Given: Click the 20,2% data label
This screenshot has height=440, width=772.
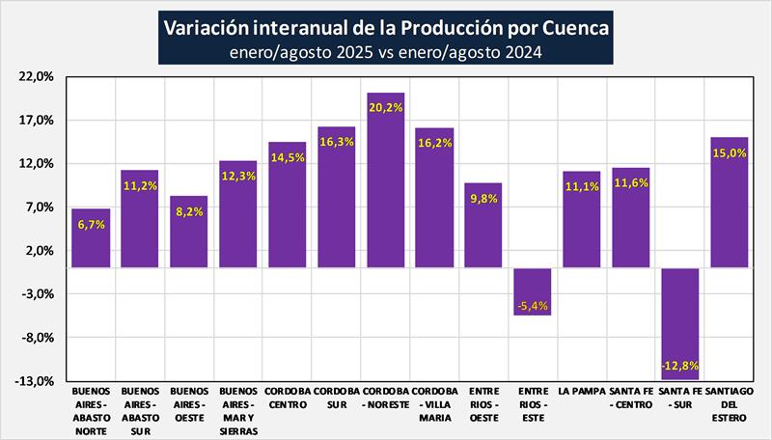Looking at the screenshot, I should tap(385, 108).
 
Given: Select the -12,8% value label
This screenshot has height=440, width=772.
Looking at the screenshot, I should tap(680, 366).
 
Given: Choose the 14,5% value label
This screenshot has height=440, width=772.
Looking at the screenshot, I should tap(287, 157).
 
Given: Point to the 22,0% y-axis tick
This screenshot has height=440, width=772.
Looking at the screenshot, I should tap(38, 77).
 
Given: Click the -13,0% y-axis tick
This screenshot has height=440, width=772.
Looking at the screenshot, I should tap(37, 381).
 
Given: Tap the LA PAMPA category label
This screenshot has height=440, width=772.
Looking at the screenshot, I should tap(582, 392).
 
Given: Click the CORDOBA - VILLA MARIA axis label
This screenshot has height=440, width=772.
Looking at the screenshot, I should tap(434, 405).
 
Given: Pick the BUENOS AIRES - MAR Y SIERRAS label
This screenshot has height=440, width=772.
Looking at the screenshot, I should tap(237, 412).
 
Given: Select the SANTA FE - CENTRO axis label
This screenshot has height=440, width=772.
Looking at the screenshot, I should tap(631, 399).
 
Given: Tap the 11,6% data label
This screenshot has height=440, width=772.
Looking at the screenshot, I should tap(631, 182).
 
